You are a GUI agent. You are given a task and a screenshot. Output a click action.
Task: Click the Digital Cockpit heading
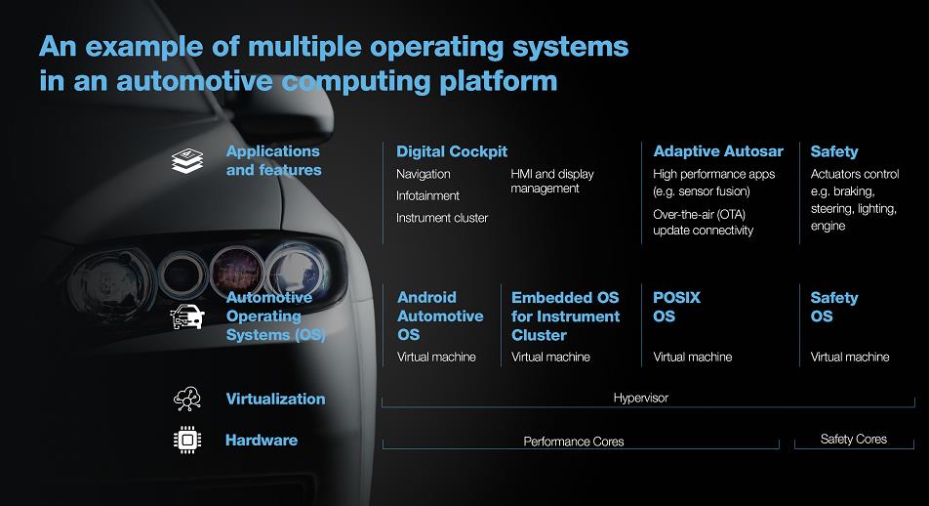click(x=452, y=151)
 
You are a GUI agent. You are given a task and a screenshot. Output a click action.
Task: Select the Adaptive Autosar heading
click(x=718, y=151)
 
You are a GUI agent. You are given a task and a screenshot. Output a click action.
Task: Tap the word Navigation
click(x=424, y=175)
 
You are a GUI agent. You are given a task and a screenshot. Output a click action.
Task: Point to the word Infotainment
click(x=427, y=195)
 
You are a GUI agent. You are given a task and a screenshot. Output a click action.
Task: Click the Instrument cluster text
click(x=442, y=218)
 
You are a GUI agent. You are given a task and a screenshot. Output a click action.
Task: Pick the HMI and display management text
click(x=552, y=181)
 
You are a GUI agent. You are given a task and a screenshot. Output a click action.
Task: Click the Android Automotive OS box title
click(x=440, y=316)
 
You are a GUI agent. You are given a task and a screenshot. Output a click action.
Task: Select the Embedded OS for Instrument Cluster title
click(x=565, y=316)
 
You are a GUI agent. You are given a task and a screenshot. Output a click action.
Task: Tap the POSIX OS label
click(x=676, y=307)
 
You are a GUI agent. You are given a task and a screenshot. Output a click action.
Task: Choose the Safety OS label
click(x=834, y=307)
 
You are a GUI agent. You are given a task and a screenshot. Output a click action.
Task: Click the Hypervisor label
click(x=640, y=398)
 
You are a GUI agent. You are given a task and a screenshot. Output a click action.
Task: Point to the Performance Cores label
click(x=574, y=442)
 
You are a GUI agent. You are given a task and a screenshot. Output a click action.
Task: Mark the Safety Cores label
click(x=854, y=439)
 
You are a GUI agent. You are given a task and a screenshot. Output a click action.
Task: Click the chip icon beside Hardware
click(x=187, y=440)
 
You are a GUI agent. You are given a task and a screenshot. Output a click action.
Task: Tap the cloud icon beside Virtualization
click(x=187, y=400)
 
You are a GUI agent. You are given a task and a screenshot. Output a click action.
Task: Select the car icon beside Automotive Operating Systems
click(x=187, y=316)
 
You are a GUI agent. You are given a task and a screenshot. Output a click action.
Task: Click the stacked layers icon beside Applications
click(x=187, y=161)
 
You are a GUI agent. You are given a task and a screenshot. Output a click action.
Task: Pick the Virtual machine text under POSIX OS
click(x=693, y=358)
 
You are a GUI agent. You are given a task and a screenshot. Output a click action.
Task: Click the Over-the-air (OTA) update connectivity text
click(x=704, y=223)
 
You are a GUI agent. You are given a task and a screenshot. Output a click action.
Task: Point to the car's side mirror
click(x=284, y=112)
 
